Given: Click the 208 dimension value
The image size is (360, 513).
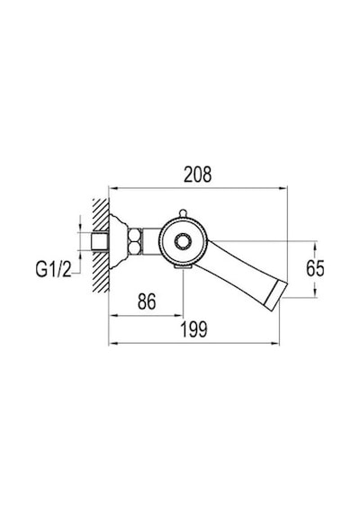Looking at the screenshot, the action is (x=198, y=175).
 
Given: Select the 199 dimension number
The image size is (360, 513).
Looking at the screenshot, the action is (x=194, y=329).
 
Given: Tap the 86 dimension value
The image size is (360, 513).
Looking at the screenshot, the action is (x=147, y=301).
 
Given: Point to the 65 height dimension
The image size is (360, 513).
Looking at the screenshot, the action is (x=315, y=268).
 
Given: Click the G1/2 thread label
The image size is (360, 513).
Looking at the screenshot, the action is (x=53, y=270).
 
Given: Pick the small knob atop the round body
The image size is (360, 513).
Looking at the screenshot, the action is (x=183, y=213).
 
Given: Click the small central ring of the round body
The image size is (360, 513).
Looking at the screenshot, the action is (x=183, y=242).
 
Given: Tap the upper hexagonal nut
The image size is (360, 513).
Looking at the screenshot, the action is (x=134, y=235).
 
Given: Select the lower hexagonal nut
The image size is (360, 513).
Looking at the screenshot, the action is (x=134, y=247).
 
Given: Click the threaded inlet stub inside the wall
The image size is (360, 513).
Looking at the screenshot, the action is (x=100, y=242).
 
